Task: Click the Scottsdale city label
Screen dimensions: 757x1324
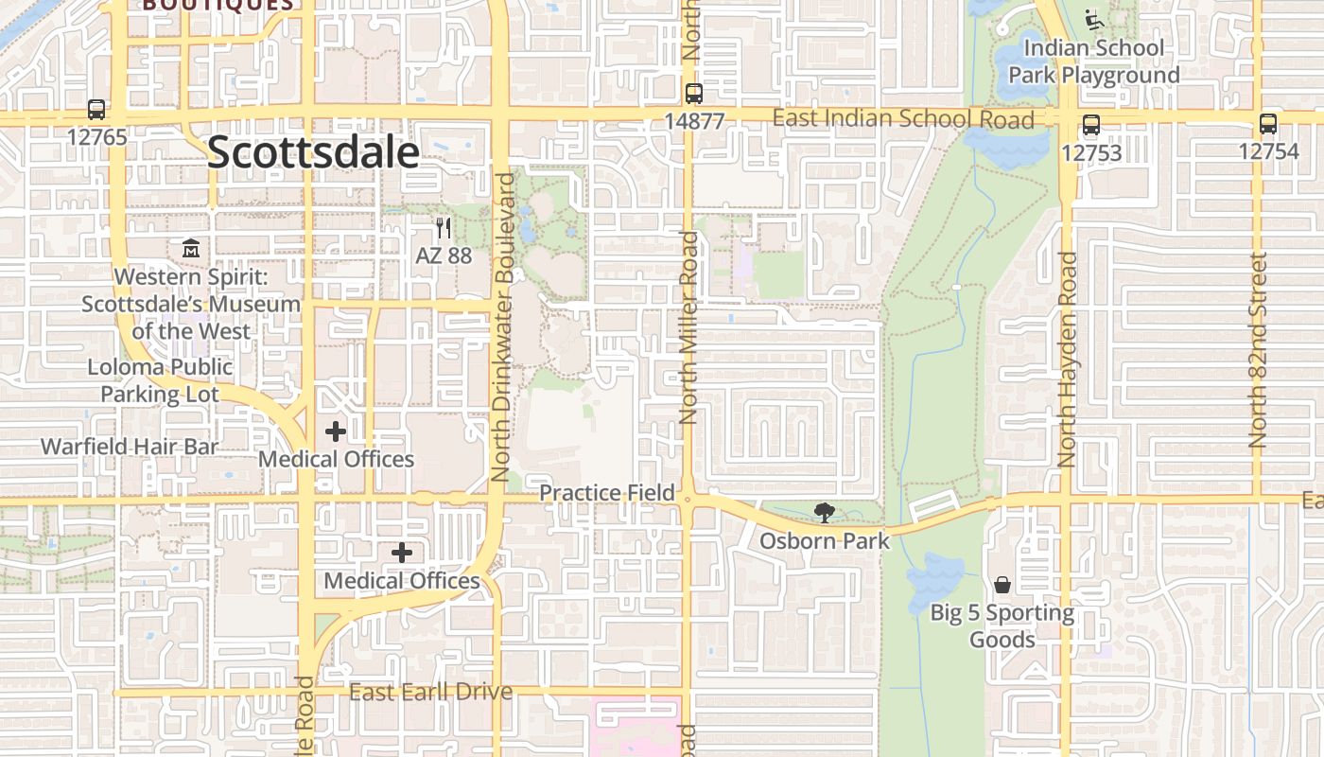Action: click(x=312, y=152)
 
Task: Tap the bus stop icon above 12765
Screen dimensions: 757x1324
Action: click(x=96, y=110)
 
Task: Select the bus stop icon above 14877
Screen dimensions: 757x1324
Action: click(x=694, y=94)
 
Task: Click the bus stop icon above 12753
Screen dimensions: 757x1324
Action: click(x=1091, y=125)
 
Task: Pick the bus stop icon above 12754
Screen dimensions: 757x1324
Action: click(x=1268, y=124)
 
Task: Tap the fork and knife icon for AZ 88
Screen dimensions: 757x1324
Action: click(x=443, y=228)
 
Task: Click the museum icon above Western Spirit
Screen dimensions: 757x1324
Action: click(x=191, y=249)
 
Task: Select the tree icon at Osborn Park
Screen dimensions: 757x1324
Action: click(x=825, y=513)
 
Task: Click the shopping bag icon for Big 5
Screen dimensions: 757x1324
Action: click(x=1002, y=585)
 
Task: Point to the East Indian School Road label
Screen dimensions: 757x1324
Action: click(x=903, y=119)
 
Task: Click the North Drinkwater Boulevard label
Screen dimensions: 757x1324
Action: click(x=503, y=326)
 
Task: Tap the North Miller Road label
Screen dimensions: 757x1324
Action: click(x=688, y=326)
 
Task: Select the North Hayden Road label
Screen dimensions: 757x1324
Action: click(x=1068, y=360)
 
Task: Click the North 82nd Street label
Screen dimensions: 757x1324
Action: click(x=1258, y=350)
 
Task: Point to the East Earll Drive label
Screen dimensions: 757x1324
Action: click(x=430, y=692)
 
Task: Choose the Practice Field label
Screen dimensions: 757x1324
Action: click(x=607, y=493)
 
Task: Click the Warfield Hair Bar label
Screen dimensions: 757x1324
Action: click(x=130, y=447)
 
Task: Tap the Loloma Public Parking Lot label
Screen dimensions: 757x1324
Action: click(x=160, y=380)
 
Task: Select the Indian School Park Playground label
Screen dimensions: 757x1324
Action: click(x=1093, y=61)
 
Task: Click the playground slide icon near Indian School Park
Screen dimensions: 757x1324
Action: click(x=1094, y=19)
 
